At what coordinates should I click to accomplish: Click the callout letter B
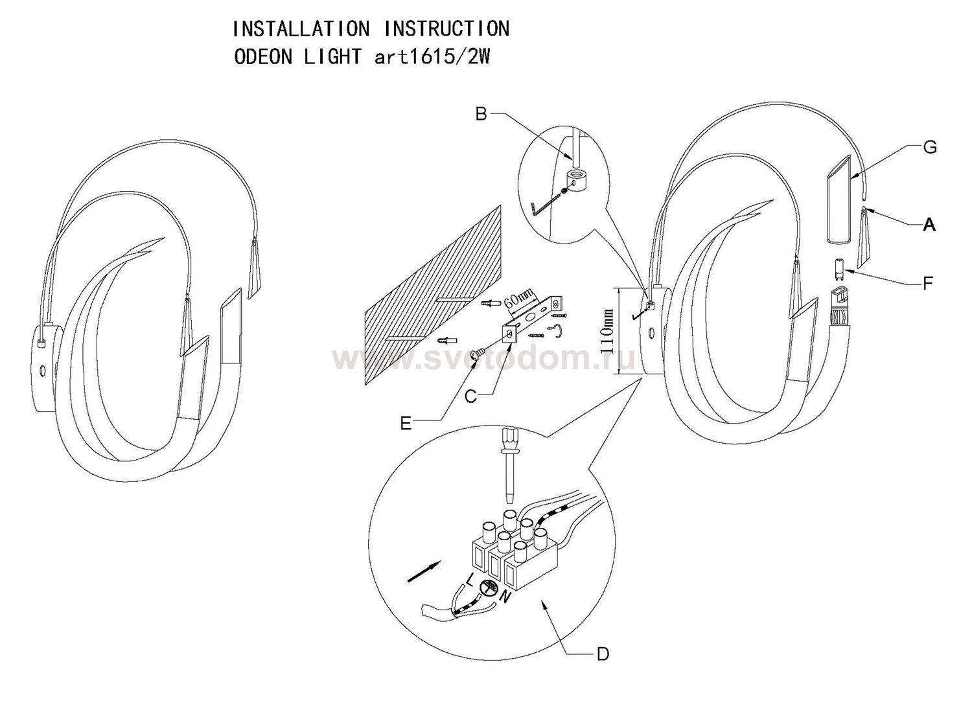(x=481, y=114)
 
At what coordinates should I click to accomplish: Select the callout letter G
(x=930, y=148)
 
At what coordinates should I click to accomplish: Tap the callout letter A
(x=929, y=225)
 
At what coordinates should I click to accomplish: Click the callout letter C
(x=471, y=396)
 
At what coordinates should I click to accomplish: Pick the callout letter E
(x=406, y=424)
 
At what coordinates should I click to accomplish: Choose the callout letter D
(x=603, y=654)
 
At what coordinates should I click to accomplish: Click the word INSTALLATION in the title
(x=301, y=29)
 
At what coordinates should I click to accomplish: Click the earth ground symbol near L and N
(x=488, y=588)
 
